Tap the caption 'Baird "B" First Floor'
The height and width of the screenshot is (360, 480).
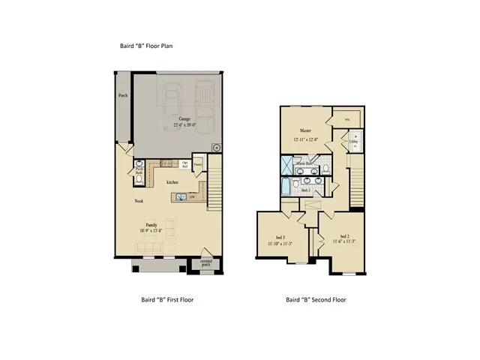coord(167,299)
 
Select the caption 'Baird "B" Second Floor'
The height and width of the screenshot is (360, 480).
coord(316,299)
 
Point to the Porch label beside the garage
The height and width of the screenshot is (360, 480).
coord(122,96)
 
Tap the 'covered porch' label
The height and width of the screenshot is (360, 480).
coord(206,262)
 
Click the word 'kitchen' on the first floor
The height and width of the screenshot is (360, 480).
coord(172,182)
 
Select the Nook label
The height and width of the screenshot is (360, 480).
coord(139,201)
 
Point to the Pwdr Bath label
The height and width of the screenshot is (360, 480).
coord(139,171)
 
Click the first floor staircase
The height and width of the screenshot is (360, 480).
coord(215,187)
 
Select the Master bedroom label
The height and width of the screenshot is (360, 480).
coord(306,130)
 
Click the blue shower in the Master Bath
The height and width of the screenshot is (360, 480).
coord(287,165)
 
